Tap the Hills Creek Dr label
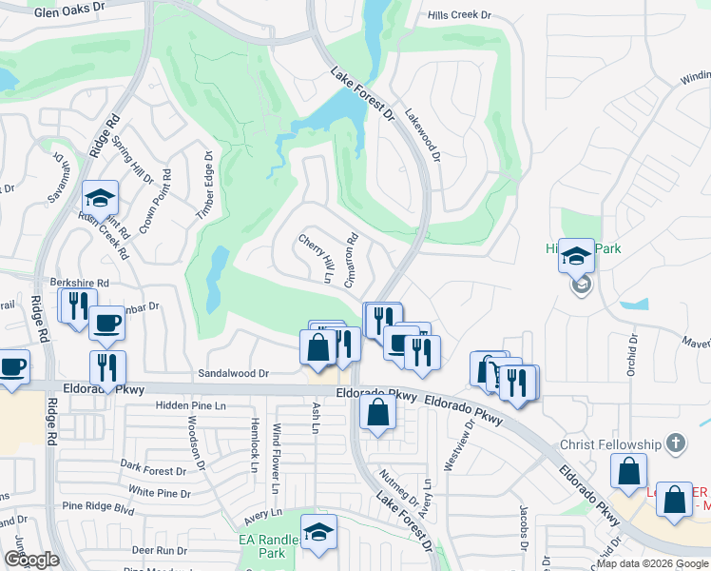[x=459, y=16]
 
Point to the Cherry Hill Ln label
[x=317, y=257]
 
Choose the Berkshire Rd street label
[x=82, y=284]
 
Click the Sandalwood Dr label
[x=233, y=374]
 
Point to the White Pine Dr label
[x=161, y=492]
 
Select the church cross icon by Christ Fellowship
[x=675, y=443]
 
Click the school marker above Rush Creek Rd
[x=100, y=198]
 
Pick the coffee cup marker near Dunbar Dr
[x=106, y=323]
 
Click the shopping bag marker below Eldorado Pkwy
[x=378, y=412]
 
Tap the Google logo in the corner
[x=31, y=560]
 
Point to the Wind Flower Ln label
[x=277, y=458]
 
